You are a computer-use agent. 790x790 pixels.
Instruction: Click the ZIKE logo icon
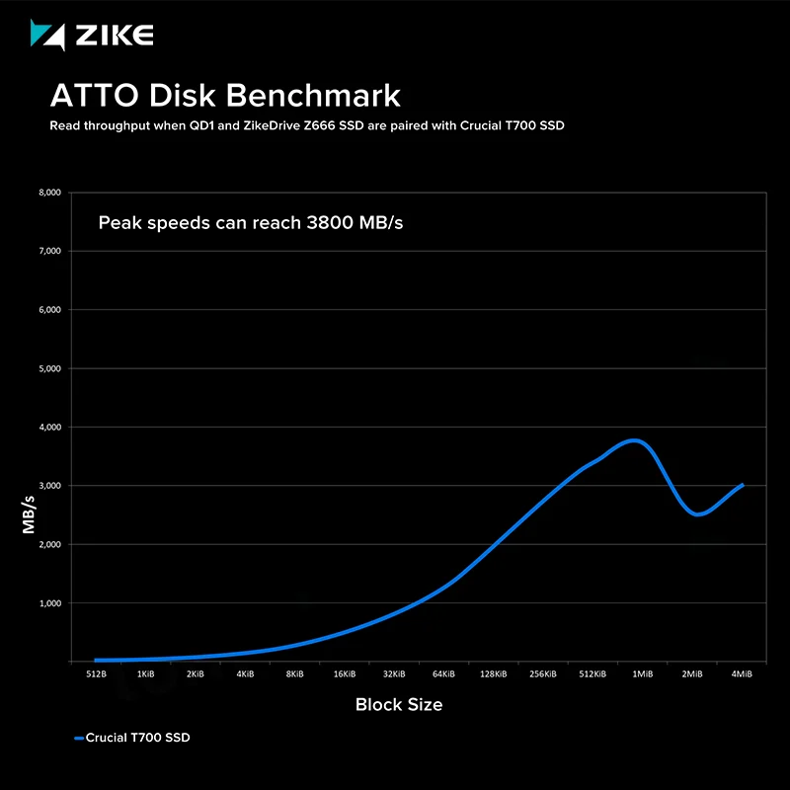pos(47,36)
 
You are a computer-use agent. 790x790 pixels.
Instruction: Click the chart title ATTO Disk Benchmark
pos(225,96)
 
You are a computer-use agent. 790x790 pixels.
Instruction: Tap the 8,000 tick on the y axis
pos(48,193)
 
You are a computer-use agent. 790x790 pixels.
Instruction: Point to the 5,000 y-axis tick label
pos(48,368)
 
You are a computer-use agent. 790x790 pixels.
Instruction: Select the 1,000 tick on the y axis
pos(48,603)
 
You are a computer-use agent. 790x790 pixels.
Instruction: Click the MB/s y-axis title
pos(29,515)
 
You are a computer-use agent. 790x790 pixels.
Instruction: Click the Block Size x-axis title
pos(399,704)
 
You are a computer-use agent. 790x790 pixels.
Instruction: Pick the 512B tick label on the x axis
pos(96,674)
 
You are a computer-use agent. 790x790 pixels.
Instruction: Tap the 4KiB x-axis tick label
pos(245,674)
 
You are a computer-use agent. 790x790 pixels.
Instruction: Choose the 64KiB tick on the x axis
pos(443,674)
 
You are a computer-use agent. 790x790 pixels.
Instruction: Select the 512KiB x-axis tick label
pos(592,674)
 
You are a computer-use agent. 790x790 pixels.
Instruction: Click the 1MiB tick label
pos(642,674)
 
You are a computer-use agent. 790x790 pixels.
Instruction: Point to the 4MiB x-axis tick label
pos(742,674)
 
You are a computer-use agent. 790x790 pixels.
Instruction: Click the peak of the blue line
pos(635,440)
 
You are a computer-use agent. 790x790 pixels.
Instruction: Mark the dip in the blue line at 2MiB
pos(698,513)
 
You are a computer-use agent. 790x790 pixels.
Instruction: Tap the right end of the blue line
pos(742,485)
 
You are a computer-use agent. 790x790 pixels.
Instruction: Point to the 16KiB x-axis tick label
pos(345,674)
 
